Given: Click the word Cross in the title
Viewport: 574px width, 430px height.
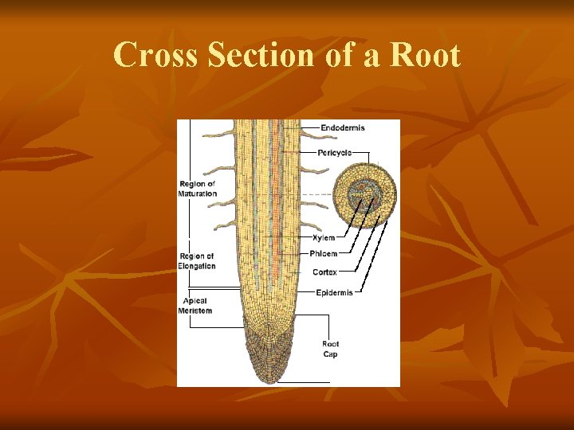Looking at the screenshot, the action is tap(155, 56).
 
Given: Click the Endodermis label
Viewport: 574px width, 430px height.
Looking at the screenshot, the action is tap(344, 127).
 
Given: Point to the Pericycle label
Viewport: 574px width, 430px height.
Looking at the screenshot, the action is tap(335, 152).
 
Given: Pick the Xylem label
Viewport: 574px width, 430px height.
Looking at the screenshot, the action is tap(324, 237).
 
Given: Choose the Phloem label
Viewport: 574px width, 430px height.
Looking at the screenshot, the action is tap(324, 253).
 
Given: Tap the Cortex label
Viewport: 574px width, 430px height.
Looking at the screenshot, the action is tap(324, 272).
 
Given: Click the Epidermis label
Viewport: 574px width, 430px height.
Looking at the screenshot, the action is tap(334, 292).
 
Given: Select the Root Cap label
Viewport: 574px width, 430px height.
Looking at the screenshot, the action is tap(330, 349).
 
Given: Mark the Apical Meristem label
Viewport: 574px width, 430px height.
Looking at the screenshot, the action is tap(195, 306).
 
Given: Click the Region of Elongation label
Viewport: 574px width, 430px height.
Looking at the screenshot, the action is tap(196, 261).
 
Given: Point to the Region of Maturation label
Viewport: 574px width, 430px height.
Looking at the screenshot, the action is tap(197, 189).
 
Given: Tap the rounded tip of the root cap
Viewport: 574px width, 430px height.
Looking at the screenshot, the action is tap(271, 377).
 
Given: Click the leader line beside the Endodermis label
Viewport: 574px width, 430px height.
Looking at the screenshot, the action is tap(309, 127).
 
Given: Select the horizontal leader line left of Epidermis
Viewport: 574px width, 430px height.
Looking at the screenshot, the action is tap(307, 292).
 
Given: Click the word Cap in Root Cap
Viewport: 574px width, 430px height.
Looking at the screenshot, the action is tap(330, 354).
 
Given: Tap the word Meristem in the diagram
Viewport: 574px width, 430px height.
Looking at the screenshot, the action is tap(195, 311).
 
